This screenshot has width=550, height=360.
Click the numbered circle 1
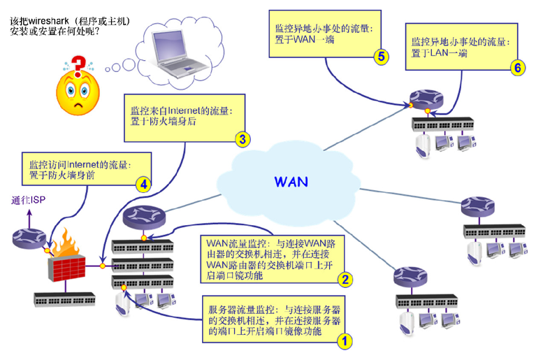coord(345,340)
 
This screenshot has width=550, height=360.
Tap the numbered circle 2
coord(345,280)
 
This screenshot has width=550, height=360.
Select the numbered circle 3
coord(243,139)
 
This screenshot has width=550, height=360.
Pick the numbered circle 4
coord(144,185)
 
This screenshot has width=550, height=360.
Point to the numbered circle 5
coord(382,57)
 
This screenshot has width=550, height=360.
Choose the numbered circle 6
coord(518,67)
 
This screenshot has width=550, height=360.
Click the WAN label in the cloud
coord(291,182)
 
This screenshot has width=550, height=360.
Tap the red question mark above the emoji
coord(78,66)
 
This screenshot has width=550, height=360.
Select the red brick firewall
coord(66,268)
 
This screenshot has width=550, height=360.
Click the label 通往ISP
coord(28,201)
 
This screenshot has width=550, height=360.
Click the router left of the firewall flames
coord(29,238)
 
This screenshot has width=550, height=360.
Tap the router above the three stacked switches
coord(144,217)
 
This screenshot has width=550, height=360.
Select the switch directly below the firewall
coord(64,299)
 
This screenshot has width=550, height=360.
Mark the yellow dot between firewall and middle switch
coord(103,266)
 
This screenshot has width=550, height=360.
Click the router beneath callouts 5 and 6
coord(426,99)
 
